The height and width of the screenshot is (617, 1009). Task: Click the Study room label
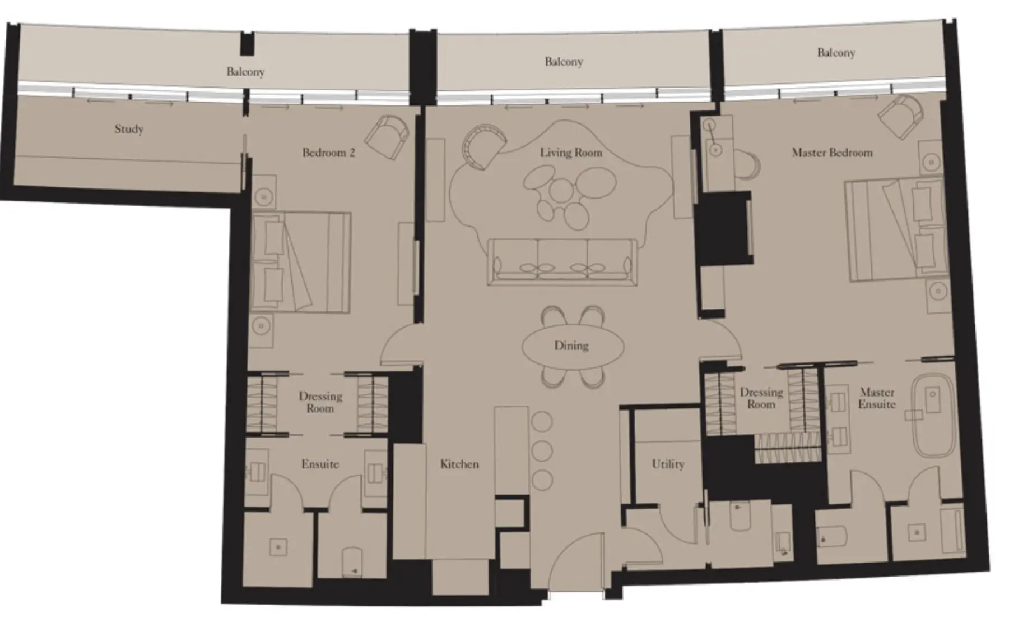(x=129, y=129)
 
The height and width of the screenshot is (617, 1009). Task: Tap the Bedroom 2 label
(x=328, y=153)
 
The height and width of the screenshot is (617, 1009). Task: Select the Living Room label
(x=571, y=153)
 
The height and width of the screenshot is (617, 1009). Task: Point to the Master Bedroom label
(x=832, y=153)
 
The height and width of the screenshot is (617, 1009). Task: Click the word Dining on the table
(x=571, y=346)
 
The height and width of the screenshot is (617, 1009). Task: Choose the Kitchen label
(x=459, y=464)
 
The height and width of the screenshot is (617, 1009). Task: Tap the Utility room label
(x=668, y=464)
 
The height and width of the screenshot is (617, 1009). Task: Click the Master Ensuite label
(x=877, y=398)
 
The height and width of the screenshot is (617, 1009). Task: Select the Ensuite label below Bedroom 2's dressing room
(x=320, y=464)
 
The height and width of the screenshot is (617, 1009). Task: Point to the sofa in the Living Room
(x=562, y=262)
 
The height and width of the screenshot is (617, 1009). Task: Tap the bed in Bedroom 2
(x=300, y=261)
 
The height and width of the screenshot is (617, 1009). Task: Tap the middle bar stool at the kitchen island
(x=542, y=450)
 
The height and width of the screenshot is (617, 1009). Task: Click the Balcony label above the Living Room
(x=564, y=62)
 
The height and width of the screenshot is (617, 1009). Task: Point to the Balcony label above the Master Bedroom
(x=836, y=53)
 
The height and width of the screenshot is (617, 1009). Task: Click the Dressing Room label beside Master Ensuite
(x=761, y=398)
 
